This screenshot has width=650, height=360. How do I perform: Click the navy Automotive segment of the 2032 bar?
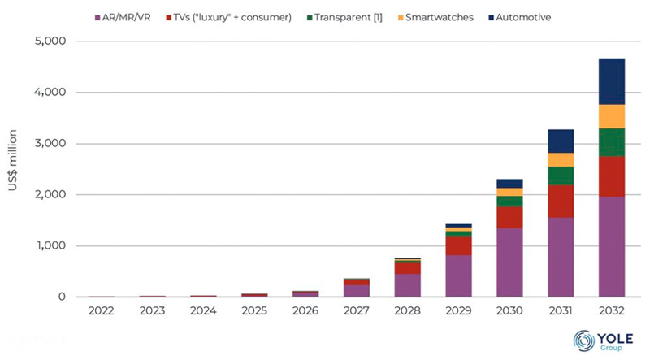coord(611,81)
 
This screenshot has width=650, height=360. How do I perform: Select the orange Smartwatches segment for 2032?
coord(611,116)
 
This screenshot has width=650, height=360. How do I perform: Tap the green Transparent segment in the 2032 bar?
coord(611,142)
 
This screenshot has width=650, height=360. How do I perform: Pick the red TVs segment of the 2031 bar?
coord(561,201)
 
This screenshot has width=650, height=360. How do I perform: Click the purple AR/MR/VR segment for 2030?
coord(509,262)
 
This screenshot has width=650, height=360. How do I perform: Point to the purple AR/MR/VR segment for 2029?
coord(458,276)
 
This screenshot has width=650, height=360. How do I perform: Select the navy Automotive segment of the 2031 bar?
coord(561,141)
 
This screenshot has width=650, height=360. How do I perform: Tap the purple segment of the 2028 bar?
coord(407,285)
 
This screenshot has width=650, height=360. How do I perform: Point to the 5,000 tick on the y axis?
coord(50,41)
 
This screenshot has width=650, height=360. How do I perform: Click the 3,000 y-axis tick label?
coord(50,144)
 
